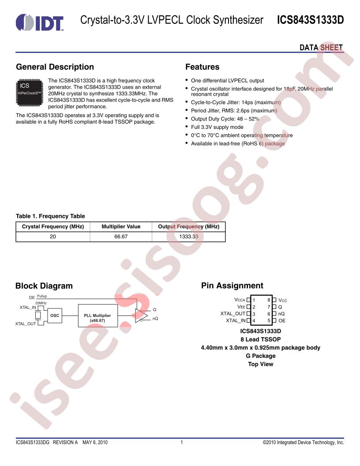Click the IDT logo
click(40, 23)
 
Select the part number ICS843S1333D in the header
click(311, 20)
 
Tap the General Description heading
click(55, 67)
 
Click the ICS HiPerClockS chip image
click(30, 92)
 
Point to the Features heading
click(202, 67)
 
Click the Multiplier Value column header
click(121, 226)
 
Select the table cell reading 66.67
click(121, 237)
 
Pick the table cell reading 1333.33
click(189, 237)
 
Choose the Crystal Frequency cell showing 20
click(53, 237)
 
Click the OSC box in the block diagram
click(55, 316)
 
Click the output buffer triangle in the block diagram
click(141, 316)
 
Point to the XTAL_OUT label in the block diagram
click(26, 323)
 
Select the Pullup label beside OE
click(42, 296)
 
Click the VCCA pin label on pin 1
click(240, 300)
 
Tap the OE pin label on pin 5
click(282, 321)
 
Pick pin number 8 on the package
click(269, 300)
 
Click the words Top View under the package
click(260, 364)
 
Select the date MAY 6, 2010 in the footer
click(95, 442)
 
